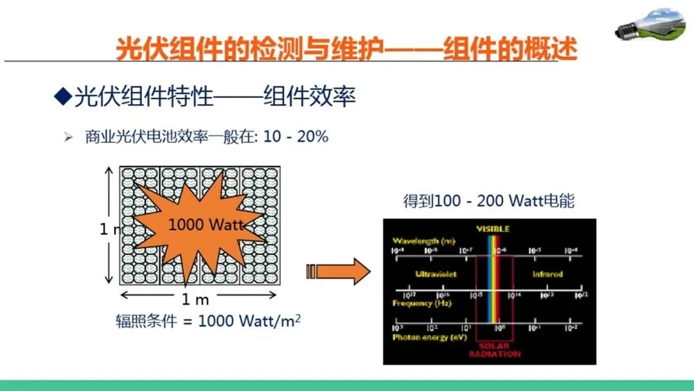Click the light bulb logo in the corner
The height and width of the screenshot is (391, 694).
pos(649,24)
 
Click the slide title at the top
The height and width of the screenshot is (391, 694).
pos(346,49)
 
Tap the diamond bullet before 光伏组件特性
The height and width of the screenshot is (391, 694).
pos(62,96)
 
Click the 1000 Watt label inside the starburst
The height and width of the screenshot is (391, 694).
pos(206,224)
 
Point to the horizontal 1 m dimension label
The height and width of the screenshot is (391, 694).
pos(195,299)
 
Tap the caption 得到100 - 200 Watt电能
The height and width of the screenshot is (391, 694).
pos(488,201)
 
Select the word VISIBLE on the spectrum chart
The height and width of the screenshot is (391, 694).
pos(492,228)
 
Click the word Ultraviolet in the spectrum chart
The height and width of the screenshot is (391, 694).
pos(436,274)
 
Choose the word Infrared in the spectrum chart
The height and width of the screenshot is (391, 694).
pos(547,274)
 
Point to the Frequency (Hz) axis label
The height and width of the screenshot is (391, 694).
pos(422,302)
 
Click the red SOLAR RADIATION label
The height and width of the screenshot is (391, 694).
pos(494,350)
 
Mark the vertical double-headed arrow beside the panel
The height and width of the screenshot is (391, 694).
pos(109,225)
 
